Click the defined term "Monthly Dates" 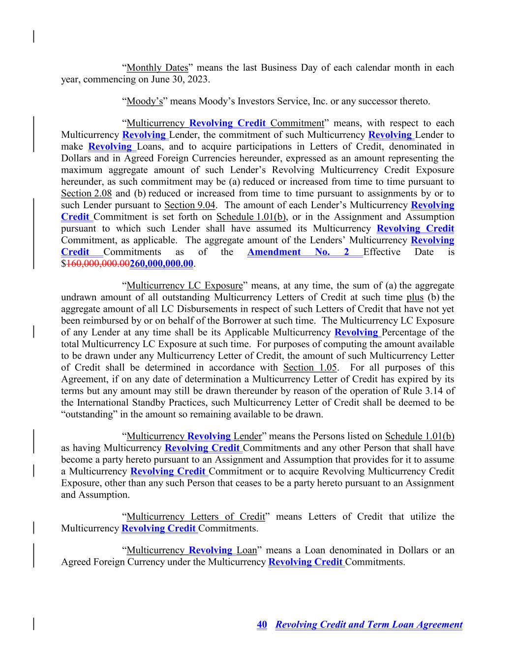[157, 67]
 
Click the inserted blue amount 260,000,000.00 [161, 264]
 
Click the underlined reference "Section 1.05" [310, 368]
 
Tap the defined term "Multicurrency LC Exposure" [184, 286]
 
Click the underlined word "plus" [415, 298]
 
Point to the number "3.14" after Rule [434, 391]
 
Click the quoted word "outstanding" [87, 415]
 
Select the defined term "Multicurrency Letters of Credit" [196, 517]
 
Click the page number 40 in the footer [262, 625]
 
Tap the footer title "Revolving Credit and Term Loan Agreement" [369, 625]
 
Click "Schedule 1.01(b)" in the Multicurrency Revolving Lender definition [420, 436]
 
